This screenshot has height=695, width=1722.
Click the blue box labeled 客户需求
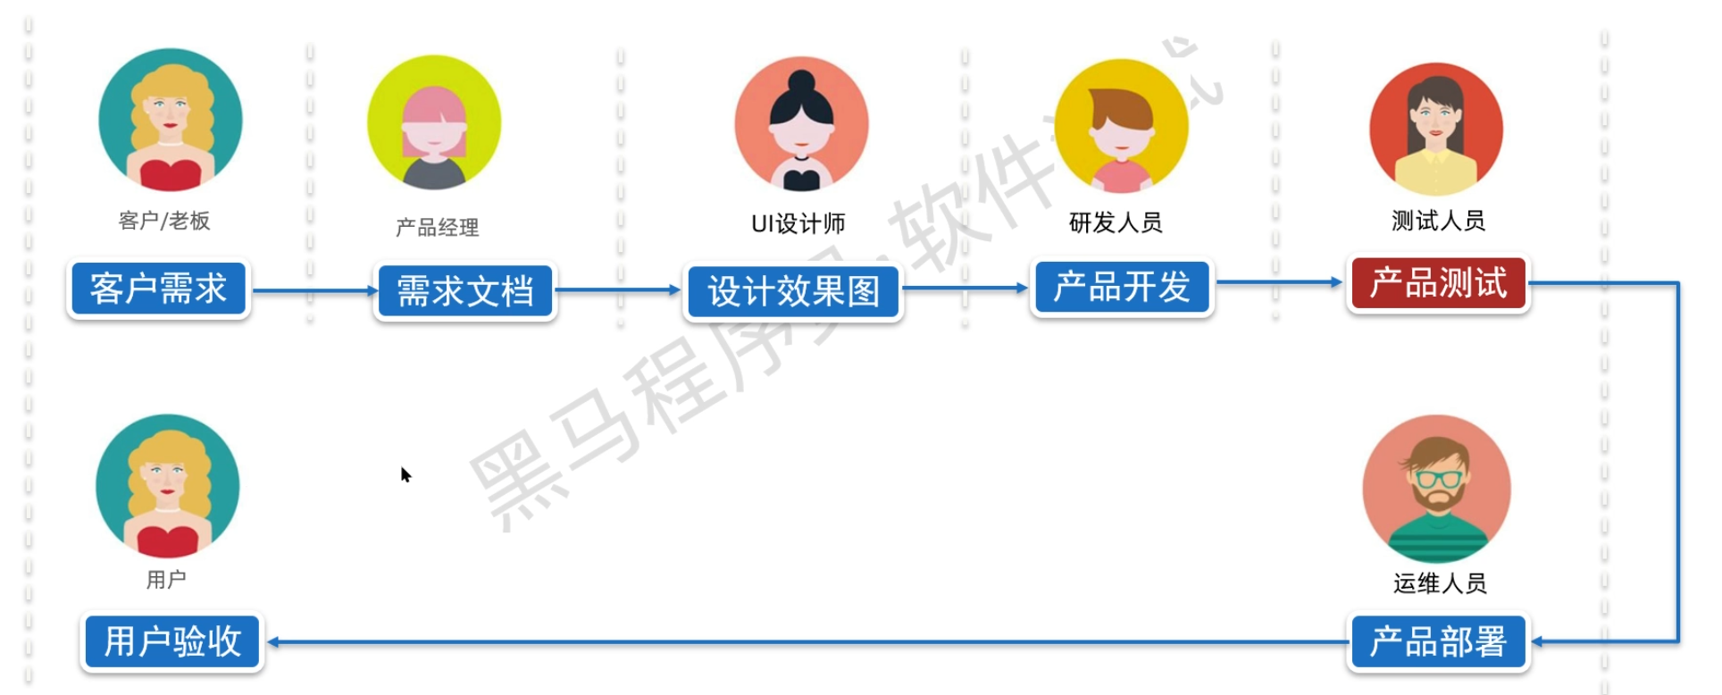pos(158,289)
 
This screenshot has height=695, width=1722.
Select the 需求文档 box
pos(464,291)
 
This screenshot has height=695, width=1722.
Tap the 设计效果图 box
pos(793,291)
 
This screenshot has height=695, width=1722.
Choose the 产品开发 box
pos(1122,288)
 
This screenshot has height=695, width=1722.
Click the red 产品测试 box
pos(1438,283)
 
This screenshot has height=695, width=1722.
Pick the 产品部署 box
pos(1438,641)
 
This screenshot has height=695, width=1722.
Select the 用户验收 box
pos(172,641)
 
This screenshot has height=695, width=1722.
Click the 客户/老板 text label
pos(164,221)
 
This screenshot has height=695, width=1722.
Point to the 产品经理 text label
pos(437,228)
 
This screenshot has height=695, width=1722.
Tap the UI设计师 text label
pos(798,223)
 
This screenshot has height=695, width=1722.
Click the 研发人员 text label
pos(1116,222)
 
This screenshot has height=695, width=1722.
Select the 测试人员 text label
pos(1438,221)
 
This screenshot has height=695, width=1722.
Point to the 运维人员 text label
pos(1440,583)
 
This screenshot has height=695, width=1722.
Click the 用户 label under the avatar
pos(166,580)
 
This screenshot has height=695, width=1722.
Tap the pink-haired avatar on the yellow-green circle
pos(434,122)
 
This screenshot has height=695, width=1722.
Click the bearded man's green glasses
pos(1438,478)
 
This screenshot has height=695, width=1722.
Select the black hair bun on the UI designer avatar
pos(802,82)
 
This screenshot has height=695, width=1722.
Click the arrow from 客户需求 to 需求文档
pos(313,290)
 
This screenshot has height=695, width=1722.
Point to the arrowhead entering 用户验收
pos(273,641)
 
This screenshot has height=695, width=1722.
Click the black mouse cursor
pos(405,474)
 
